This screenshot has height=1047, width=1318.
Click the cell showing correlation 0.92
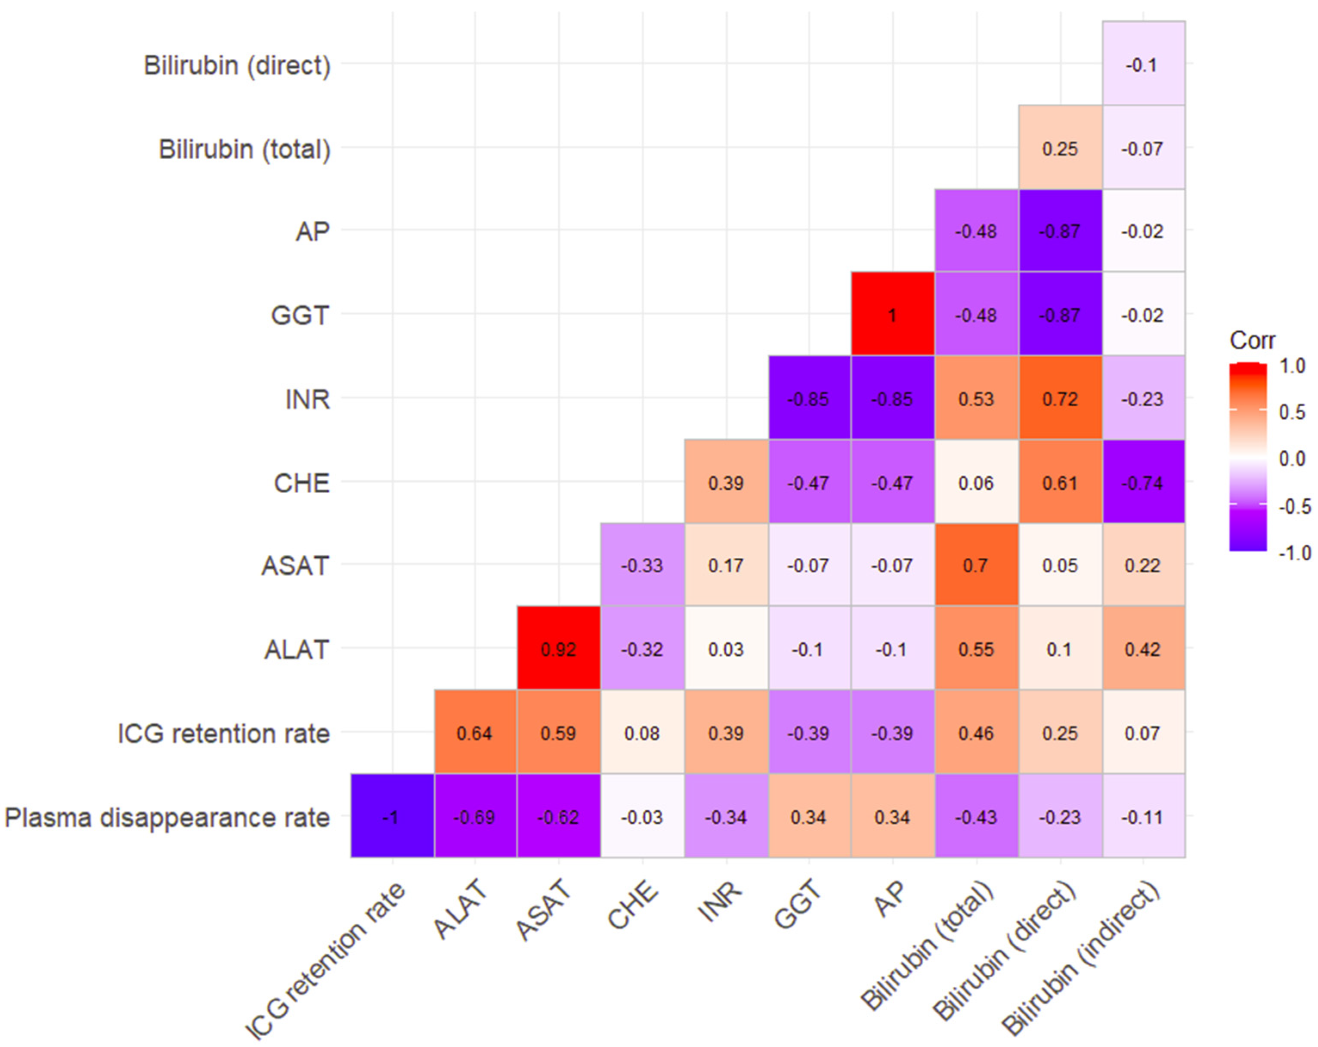pyautogui.click(x=558, y=649)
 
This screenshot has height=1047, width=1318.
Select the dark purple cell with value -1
pyautogui.click(x=392, y=817)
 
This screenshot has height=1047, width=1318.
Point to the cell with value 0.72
pyautogui.click(x=1060, y=398)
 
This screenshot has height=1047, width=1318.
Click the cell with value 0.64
pyautogui.click(x=475, y=732)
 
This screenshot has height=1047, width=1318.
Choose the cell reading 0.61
pyautogui.click(x=1060, y=482)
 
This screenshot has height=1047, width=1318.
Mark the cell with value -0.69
pyautogui.click(x=475, y=817)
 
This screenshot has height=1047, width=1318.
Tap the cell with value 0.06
pyautogui.click(x=976, y=482)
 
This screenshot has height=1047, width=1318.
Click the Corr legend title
pyautogui.click(x=1253, y=340)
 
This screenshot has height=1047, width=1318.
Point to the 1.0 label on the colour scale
pyautogui.click(x=1292, y=366)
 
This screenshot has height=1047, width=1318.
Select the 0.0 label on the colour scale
pyautogui.click(x=1292, y=458)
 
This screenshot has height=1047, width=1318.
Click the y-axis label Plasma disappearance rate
pyautogui.click(x=167, y=817)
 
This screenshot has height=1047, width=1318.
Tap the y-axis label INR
pyautogui.click(x=307, y=399)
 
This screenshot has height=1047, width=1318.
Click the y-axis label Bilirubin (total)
pyautogui.click(x=244, y=148)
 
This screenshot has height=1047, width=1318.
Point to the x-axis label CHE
pyautogui.click(x=633, y=907)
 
